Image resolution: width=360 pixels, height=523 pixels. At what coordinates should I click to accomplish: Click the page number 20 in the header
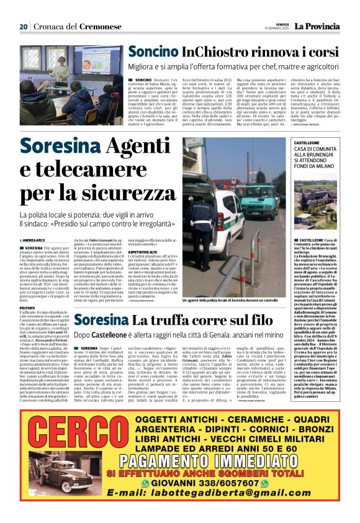tap(23, 27)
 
